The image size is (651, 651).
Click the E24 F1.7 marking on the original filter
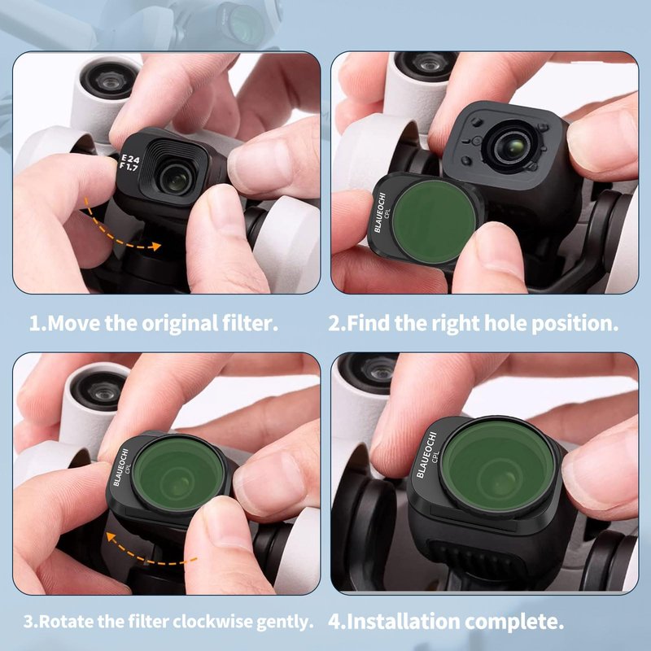129,162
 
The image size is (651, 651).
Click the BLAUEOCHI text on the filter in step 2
379,212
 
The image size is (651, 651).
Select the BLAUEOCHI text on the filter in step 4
426,455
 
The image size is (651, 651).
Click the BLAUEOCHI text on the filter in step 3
120,467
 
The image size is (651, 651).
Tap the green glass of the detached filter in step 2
434,221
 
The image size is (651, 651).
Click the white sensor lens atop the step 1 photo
110,80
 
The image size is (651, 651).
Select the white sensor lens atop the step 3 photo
99,391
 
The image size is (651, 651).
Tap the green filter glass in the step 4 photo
498,464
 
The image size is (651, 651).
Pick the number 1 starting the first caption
35,324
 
